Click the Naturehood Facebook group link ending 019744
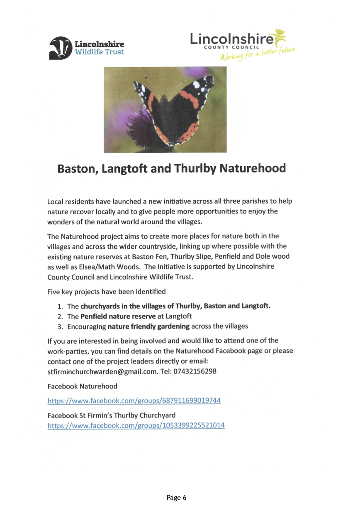pyautogui.click(x=134, y=401)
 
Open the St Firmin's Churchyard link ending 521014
pyautogui.click(x=136, y=425)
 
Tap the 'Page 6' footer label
pyautogui.click(x=180, y=497)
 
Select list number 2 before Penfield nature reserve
pyautogui.click(x=60, y=317)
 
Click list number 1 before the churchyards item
pyautogui.click(x=60, y=307)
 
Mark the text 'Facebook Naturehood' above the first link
pyautogui.click(x=83, y=386)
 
